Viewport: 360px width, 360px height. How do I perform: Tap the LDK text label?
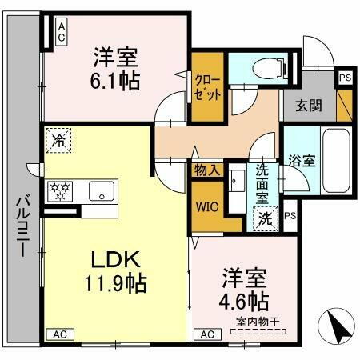(x=118, y=260)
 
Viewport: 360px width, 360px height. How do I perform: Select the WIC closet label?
(x=206, y=205)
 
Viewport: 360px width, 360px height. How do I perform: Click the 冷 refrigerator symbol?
(x=58, y=140)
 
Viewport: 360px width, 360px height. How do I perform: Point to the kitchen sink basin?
(x=102, y=191)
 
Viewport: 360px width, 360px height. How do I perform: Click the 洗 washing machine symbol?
(x=263, y=215)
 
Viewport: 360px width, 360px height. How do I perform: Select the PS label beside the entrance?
(x=345, y=78)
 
